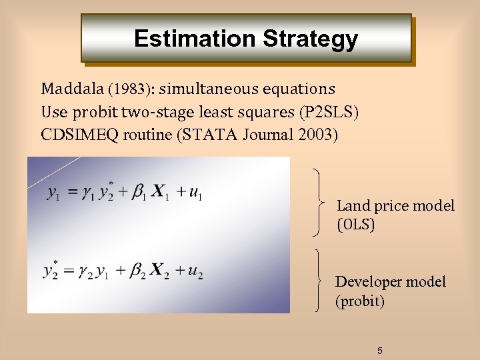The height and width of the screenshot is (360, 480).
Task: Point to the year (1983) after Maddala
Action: [129, 89]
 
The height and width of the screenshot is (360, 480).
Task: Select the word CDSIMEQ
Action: [78, 135]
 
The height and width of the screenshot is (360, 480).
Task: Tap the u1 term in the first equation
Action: [195, 193]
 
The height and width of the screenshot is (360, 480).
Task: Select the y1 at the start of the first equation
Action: [55, 193]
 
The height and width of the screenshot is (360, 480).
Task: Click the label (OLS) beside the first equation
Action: [356, 225]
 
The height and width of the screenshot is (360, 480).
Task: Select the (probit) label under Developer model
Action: [360, 301]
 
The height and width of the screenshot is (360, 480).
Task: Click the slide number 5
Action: [380, 351]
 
